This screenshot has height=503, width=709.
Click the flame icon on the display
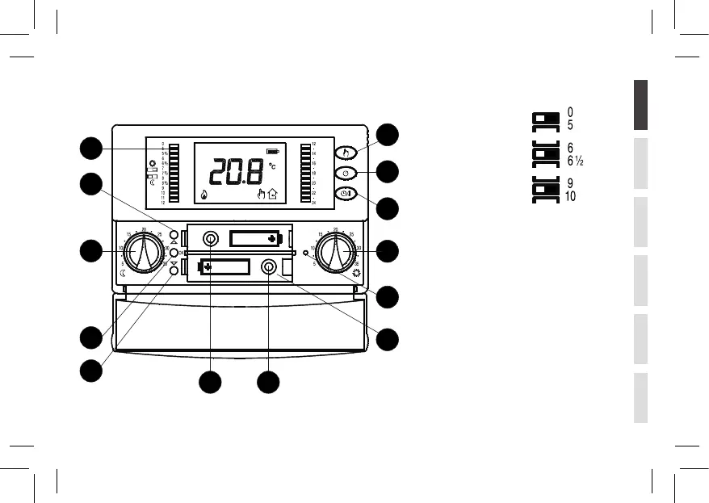[202, 194]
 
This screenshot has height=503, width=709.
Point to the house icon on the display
[272, 193]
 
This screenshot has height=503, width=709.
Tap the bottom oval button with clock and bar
[345, 194]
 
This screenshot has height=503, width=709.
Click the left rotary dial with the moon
[144, 252]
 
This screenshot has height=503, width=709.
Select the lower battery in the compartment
[225, 267]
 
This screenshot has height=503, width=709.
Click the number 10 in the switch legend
[571, 196]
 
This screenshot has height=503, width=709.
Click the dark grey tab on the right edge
[640, 106]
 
